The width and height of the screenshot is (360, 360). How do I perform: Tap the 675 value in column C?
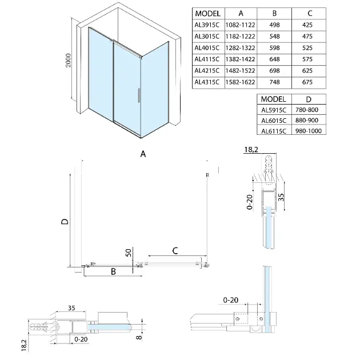click(323, 82)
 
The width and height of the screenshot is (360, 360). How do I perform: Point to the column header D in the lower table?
click(306, 98)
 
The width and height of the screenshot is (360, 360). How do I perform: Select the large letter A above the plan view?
click(143, 154)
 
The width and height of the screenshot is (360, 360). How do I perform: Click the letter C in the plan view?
click(175, 249)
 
